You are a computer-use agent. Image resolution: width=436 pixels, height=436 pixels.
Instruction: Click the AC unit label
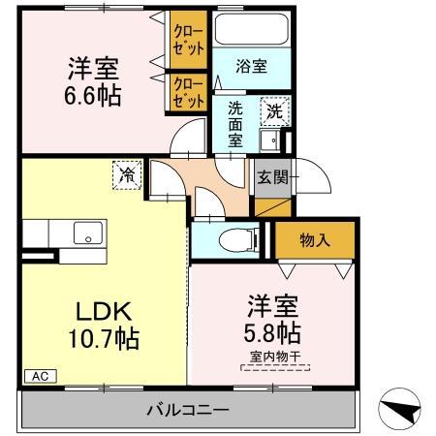[41, 376]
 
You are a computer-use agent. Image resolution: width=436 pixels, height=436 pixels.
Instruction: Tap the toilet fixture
[238, 240]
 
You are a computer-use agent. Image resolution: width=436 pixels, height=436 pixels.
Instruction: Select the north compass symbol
[400, 409]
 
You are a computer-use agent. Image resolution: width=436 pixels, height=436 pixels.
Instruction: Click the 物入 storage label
[315, 240]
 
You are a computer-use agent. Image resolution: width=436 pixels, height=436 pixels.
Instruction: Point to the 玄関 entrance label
[273, 177]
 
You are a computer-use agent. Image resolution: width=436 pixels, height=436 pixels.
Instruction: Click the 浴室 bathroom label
[252, 66]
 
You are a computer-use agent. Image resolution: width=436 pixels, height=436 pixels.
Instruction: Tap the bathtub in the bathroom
[252, 29]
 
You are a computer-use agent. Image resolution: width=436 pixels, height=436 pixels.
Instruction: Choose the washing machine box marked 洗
[275, 111]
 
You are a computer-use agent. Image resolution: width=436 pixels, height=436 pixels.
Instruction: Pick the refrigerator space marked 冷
[127, 174]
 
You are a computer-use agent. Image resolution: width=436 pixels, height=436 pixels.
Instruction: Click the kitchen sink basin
[88, 233]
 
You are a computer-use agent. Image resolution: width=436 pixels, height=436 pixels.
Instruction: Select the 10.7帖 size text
[104, 338]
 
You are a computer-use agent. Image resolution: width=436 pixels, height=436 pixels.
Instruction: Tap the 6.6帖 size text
[93, 96]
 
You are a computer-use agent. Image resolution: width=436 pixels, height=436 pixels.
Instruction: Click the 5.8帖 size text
[272, 332]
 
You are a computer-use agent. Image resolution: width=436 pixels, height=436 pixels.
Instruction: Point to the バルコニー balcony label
[188, 410]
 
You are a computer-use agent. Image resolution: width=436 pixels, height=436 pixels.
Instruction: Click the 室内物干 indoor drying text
[275, 357]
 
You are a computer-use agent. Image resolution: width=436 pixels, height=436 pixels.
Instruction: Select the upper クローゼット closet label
[189, 40]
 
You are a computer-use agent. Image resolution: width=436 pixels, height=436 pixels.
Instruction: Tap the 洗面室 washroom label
[235, 124]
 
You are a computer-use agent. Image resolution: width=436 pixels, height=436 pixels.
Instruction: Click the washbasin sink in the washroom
[270, 140]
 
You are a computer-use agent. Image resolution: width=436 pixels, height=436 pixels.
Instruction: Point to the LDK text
[104, 311]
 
